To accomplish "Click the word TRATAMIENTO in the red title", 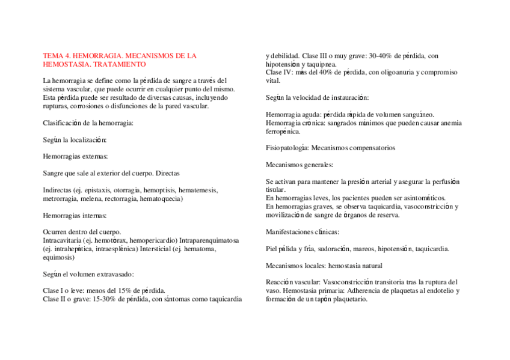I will coord(124,64).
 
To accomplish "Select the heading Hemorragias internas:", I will coord(75,215).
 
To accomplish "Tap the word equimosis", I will coord(58,257).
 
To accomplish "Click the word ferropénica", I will coord(283,131).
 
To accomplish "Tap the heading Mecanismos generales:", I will coord(299,164).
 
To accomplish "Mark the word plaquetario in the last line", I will coord(349,299).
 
